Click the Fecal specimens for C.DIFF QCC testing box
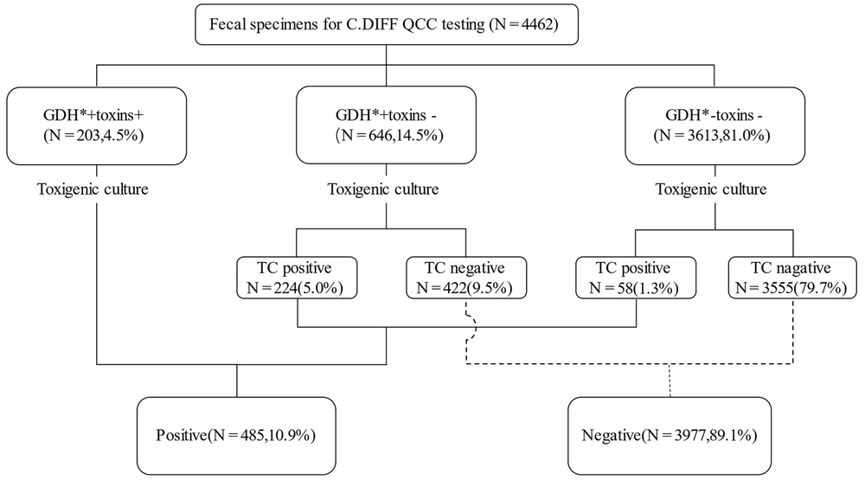386,24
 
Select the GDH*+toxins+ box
97,125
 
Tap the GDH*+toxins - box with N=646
386,125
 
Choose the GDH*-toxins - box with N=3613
715,125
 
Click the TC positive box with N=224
297,278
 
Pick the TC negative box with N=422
466,278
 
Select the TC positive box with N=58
636,278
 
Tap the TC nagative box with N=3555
792,278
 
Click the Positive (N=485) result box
236,436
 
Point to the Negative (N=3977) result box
670,436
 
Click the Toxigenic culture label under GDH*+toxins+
93,189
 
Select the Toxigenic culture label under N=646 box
383,189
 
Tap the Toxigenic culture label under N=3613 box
711,189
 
